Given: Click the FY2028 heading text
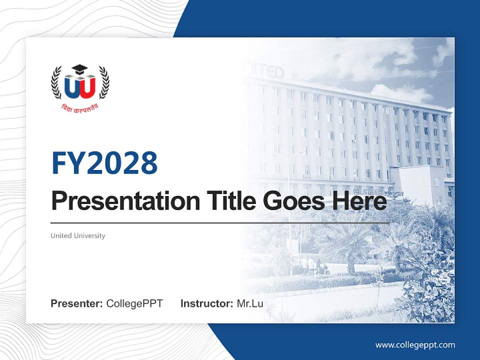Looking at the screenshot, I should coord(104,163).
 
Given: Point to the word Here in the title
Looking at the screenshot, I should coord(360,201).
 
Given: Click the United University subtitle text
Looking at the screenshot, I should coord(78,235).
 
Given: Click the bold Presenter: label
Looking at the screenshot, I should coord(77,303).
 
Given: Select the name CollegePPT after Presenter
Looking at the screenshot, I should coord(134,303).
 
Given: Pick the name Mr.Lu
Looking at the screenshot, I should coord(250,303).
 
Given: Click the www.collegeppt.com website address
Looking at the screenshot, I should coord(415,344).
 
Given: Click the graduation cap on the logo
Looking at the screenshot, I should coord(79,69).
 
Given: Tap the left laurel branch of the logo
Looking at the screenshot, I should coord(56,82).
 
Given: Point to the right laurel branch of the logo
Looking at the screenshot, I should coord(103,82).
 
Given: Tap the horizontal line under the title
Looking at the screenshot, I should coord(220,222).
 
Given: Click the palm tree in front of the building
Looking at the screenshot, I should coord(350,240).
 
